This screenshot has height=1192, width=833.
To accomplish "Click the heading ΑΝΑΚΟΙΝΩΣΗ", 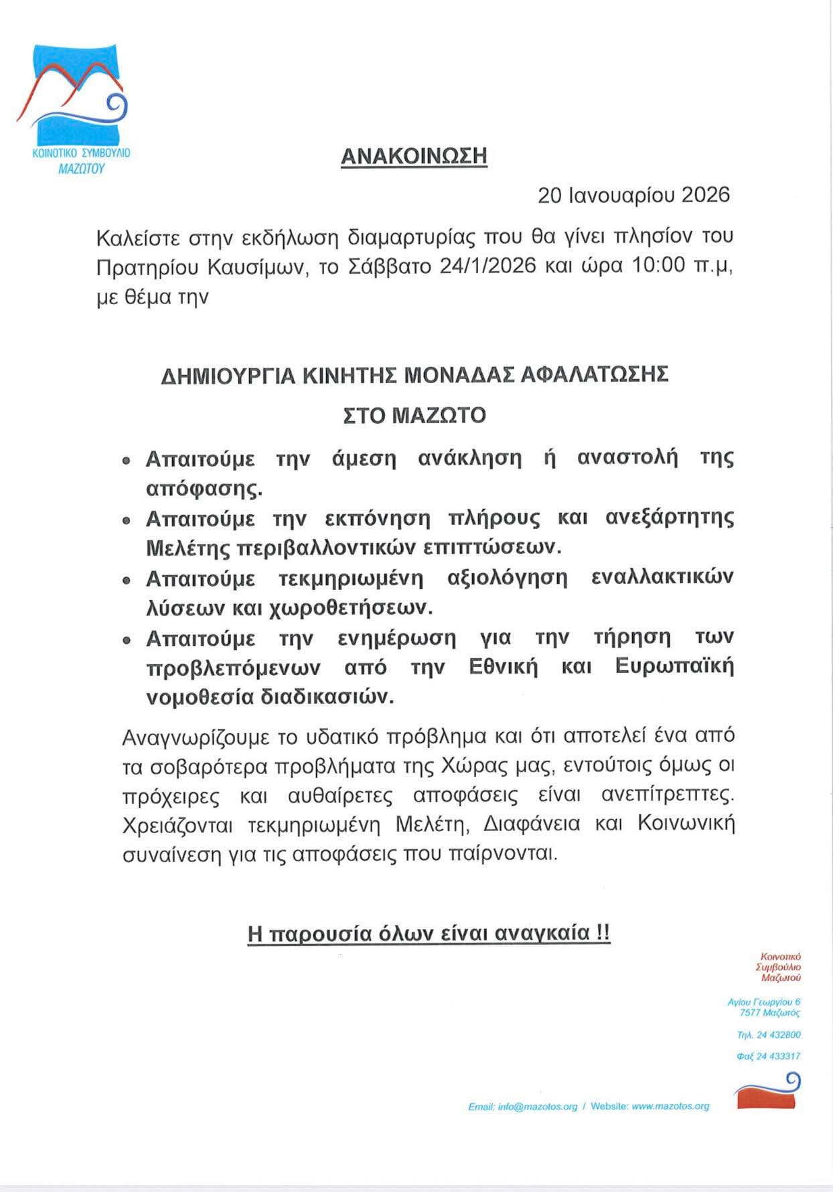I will tap(414, 156).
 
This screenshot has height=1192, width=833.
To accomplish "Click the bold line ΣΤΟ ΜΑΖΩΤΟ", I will tap(414, 416).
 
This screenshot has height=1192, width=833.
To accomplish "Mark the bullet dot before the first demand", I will tap(126, 461).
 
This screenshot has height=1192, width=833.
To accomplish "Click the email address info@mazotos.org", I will tap(537, 1106).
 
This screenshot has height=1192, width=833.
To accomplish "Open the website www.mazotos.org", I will tap(670, 1106).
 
